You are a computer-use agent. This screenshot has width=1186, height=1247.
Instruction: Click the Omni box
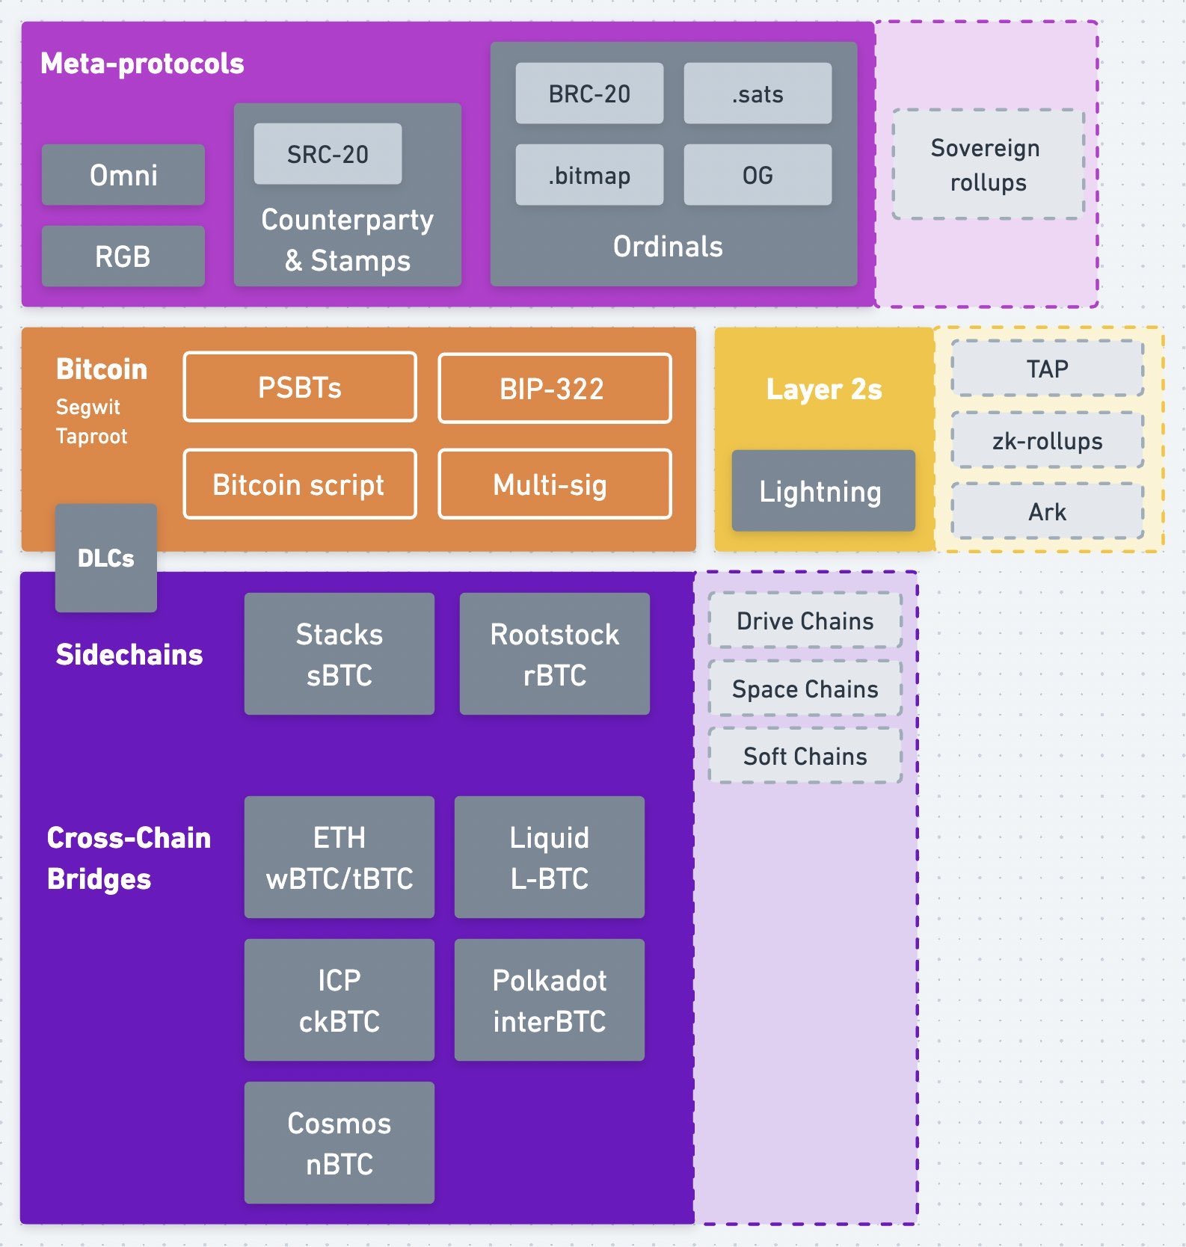[x=123, y=175]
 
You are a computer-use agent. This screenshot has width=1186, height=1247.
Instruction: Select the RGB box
[x=123, y=256]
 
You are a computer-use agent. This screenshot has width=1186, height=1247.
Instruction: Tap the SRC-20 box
[x=328, y=154]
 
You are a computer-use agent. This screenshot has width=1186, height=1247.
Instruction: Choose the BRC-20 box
[x=589, y=93]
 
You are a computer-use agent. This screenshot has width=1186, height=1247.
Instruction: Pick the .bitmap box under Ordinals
[x=589, y=175]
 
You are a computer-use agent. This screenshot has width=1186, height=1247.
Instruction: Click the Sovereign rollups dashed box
[x=988, y=165]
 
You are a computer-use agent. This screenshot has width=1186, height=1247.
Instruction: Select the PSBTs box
[x=300, y=387]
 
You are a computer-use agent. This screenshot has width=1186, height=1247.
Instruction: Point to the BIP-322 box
[x=554, y=389]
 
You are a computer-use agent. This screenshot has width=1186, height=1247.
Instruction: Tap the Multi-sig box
[x=554, y=484]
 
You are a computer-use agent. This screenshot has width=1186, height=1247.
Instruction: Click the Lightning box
[x=823, y=491]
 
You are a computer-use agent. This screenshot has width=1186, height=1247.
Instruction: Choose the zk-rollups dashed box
[x=1047, y=441]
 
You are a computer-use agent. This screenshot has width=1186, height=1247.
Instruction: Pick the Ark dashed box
[x=1047, y=512]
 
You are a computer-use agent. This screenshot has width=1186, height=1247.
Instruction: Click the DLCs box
[x=106, y=558]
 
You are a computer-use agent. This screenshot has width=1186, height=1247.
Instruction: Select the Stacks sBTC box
[x=339, y=654]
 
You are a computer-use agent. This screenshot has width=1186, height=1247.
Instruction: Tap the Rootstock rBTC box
[x=554, y=654]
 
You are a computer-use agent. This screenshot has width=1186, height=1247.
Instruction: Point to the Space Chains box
[x=805, y=689]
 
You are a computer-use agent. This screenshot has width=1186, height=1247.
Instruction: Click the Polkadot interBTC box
[x=549, y=1000]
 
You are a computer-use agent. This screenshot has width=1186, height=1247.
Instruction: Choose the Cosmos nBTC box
[x=339, y=1143]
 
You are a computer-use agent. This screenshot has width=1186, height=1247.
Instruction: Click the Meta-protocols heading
[x=142, y=64]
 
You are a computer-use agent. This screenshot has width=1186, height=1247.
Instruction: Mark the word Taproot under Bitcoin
[x=92, y=437]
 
